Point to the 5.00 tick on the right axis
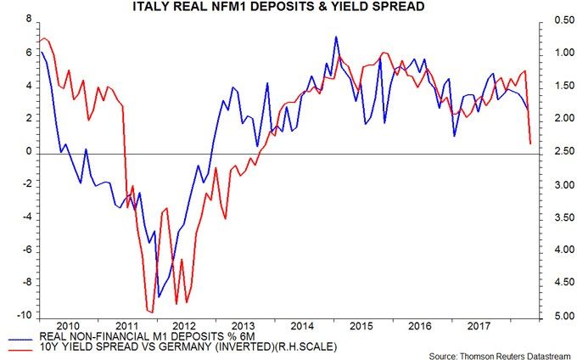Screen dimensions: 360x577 (x=557, y=316)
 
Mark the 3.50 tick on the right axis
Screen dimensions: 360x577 (x=557, y=217)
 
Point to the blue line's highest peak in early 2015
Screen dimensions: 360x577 (x=336, y=37)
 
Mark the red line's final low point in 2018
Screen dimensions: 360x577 (x=530, y=143)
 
